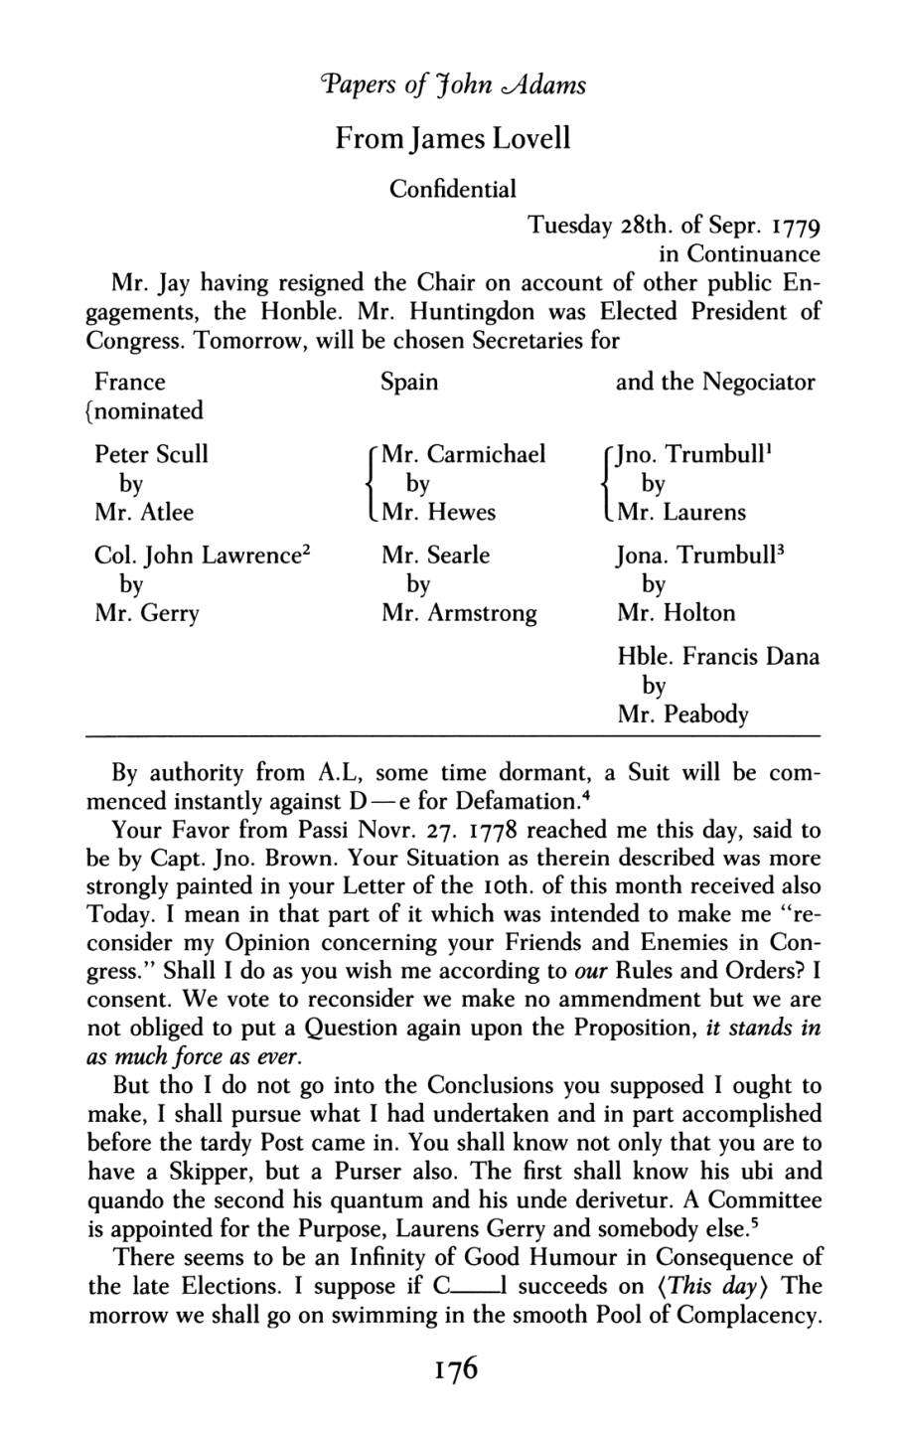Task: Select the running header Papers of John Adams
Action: coord(453,83)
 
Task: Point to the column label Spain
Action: coord(409,383)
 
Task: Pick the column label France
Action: coord(129,383)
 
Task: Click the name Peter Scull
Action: coord(151,454)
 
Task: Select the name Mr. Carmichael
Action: coord(463,454)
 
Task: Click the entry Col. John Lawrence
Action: coord(199,555)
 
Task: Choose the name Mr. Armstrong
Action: coord(459,613)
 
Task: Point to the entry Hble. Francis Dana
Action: coord(717,657)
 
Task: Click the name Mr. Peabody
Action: coord(682,715)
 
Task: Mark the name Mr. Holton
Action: coord(676,613)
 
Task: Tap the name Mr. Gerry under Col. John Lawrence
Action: coord(146,613)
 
